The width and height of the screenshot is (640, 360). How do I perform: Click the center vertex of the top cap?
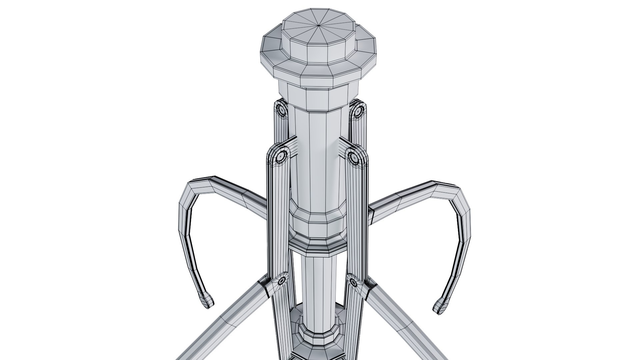pyautogui.click(x=319, y=25)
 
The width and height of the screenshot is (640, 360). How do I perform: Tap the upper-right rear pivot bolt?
pyautogui.click(x=358, y=111)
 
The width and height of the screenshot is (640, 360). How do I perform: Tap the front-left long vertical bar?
pyautogui.click(x=278, y=217)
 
